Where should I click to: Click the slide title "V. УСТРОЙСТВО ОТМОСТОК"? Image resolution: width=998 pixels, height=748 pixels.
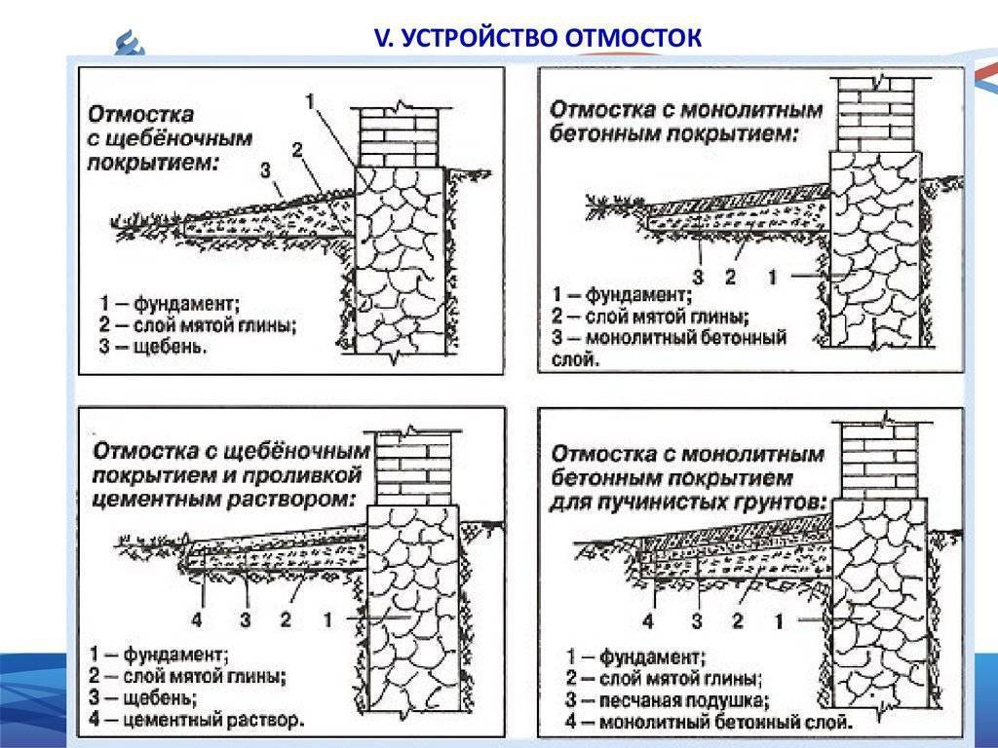[x=538, y=38]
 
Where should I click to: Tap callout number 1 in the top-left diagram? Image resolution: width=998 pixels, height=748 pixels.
[x=310, y=101]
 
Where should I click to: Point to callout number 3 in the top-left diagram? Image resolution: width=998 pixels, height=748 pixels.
[x=265, y=169]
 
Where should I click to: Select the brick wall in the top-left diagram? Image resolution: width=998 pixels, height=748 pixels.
[x=400, y=137]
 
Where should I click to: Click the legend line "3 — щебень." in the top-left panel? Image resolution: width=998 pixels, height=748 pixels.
[x=153, y=347]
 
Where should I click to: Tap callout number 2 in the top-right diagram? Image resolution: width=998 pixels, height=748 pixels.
[x=730, y=277]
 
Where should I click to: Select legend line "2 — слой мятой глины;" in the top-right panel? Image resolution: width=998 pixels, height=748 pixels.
[x=650, y=317]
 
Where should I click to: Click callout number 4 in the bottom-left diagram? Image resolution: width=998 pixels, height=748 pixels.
[x=197, y=619]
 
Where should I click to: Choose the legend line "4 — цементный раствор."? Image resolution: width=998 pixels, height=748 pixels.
[x=197, y=720]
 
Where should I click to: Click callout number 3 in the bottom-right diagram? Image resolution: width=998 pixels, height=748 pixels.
[x=697, y=620]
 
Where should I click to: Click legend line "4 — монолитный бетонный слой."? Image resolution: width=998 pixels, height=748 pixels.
[x=709, y=723]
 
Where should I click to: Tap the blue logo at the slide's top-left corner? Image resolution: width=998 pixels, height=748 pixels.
[x=130, y=43]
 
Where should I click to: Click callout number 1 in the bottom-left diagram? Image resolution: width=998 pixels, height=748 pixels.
[x=328, y=618]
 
